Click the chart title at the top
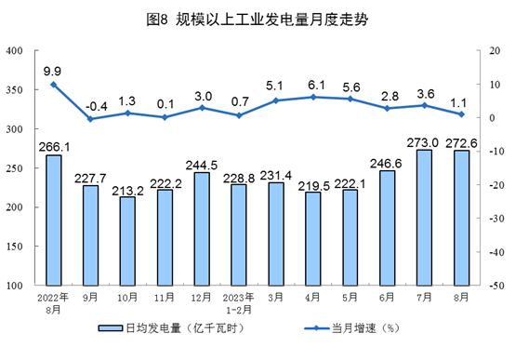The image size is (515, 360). click(x=257, y=19)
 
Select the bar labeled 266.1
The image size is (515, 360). click(x=54, y=220)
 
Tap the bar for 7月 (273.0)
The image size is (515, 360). click(x=424, y=218)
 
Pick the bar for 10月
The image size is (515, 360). click(x=127, y=241)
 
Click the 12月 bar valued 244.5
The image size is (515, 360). click(x=202, y=229)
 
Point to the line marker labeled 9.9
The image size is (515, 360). click(x=54, y=85)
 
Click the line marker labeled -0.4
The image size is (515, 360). click(x=90, y=119)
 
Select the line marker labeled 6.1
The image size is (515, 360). click(x=313, y=97)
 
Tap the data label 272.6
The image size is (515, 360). click(x=461, y=142)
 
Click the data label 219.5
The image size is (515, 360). click(x=313, y=184)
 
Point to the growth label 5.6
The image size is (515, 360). click(x=350, y=86)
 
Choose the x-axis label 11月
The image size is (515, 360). click(x=165, y=298)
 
